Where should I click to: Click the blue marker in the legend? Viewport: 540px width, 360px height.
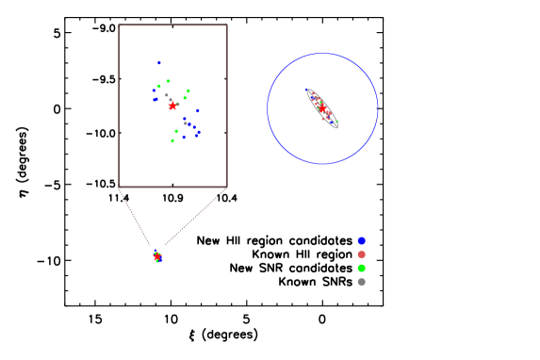tap(361, 240)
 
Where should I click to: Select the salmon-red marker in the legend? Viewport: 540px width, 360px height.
tap(361, 254)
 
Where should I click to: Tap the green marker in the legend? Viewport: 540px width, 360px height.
tap(361, 268)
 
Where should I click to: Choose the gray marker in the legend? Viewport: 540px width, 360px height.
tap(361, 282)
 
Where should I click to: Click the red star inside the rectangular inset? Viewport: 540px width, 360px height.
tap(172, 106)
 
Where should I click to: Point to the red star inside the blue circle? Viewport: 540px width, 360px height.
tap(322, 109)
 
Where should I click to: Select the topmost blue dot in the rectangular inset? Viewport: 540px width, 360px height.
tap(159, 63)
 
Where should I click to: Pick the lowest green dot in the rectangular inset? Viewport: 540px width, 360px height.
tap(172, 141)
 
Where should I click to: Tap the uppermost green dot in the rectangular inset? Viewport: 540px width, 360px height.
tap(168, 81)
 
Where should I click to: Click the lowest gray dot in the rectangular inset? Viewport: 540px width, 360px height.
tap(185, 123)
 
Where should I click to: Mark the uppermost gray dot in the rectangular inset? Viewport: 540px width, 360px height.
tap(167, 95)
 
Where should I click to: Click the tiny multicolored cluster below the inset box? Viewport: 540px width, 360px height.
tap(157, 255)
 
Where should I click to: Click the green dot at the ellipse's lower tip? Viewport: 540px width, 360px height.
tap(335, 123)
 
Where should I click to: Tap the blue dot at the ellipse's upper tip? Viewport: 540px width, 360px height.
tap(310, 92)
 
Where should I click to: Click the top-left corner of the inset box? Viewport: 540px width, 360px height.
tap(119, 25)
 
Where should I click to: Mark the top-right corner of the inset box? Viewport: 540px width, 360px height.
tap(227, 25)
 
